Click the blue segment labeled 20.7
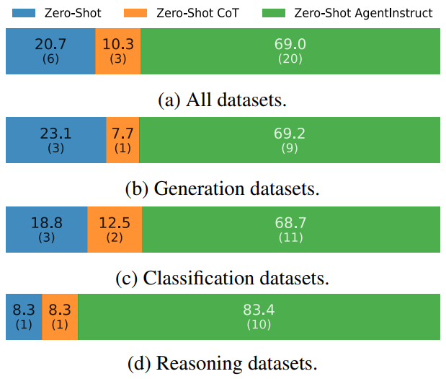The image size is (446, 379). (50, 51)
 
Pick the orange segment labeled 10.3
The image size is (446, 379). (117, 51)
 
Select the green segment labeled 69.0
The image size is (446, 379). (290, 51)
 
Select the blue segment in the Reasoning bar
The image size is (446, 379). (23, 317)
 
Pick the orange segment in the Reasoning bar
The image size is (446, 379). (60, 317)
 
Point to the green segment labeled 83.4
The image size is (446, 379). (259, 317)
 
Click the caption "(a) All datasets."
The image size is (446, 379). (222, 100)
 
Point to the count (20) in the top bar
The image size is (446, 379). (290, 58)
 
